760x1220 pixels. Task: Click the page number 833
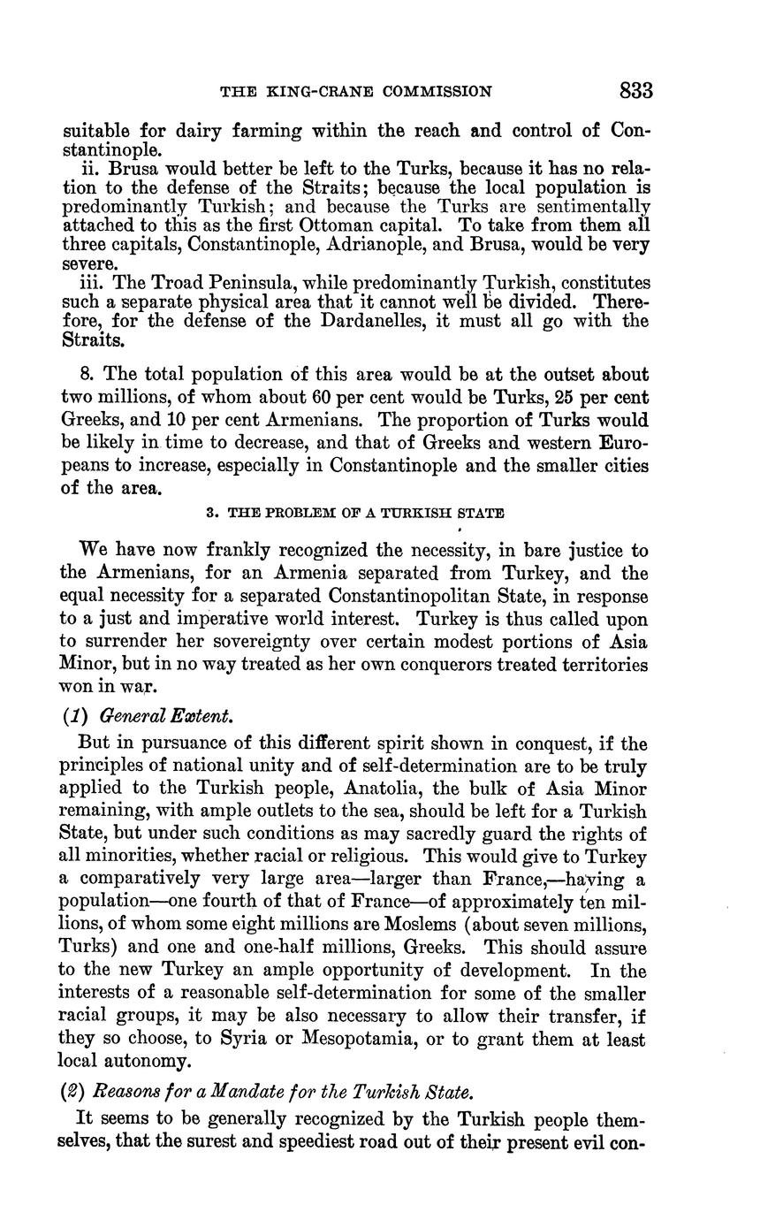pyautogui.click(x=635, y=91)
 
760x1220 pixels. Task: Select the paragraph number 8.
pyautogui.click(x=85, y=375)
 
